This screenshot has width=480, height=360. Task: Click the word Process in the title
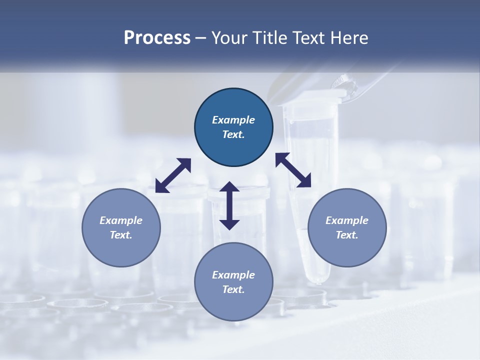pos(157,38)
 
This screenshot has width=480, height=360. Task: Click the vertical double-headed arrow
pos(229,205)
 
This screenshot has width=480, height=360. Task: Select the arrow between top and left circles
pos(173,175)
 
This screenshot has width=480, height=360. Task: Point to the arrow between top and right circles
pos(293,170)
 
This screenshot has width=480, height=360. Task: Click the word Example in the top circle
pos(233,120)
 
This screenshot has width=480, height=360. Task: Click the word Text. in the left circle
pos(121,235)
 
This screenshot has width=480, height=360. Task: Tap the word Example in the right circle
pos(347,220)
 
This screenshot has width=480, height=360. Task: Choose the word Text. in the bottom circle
pos(233,289)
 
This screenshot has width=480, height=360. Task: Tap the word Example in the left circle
pos(121,220)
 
